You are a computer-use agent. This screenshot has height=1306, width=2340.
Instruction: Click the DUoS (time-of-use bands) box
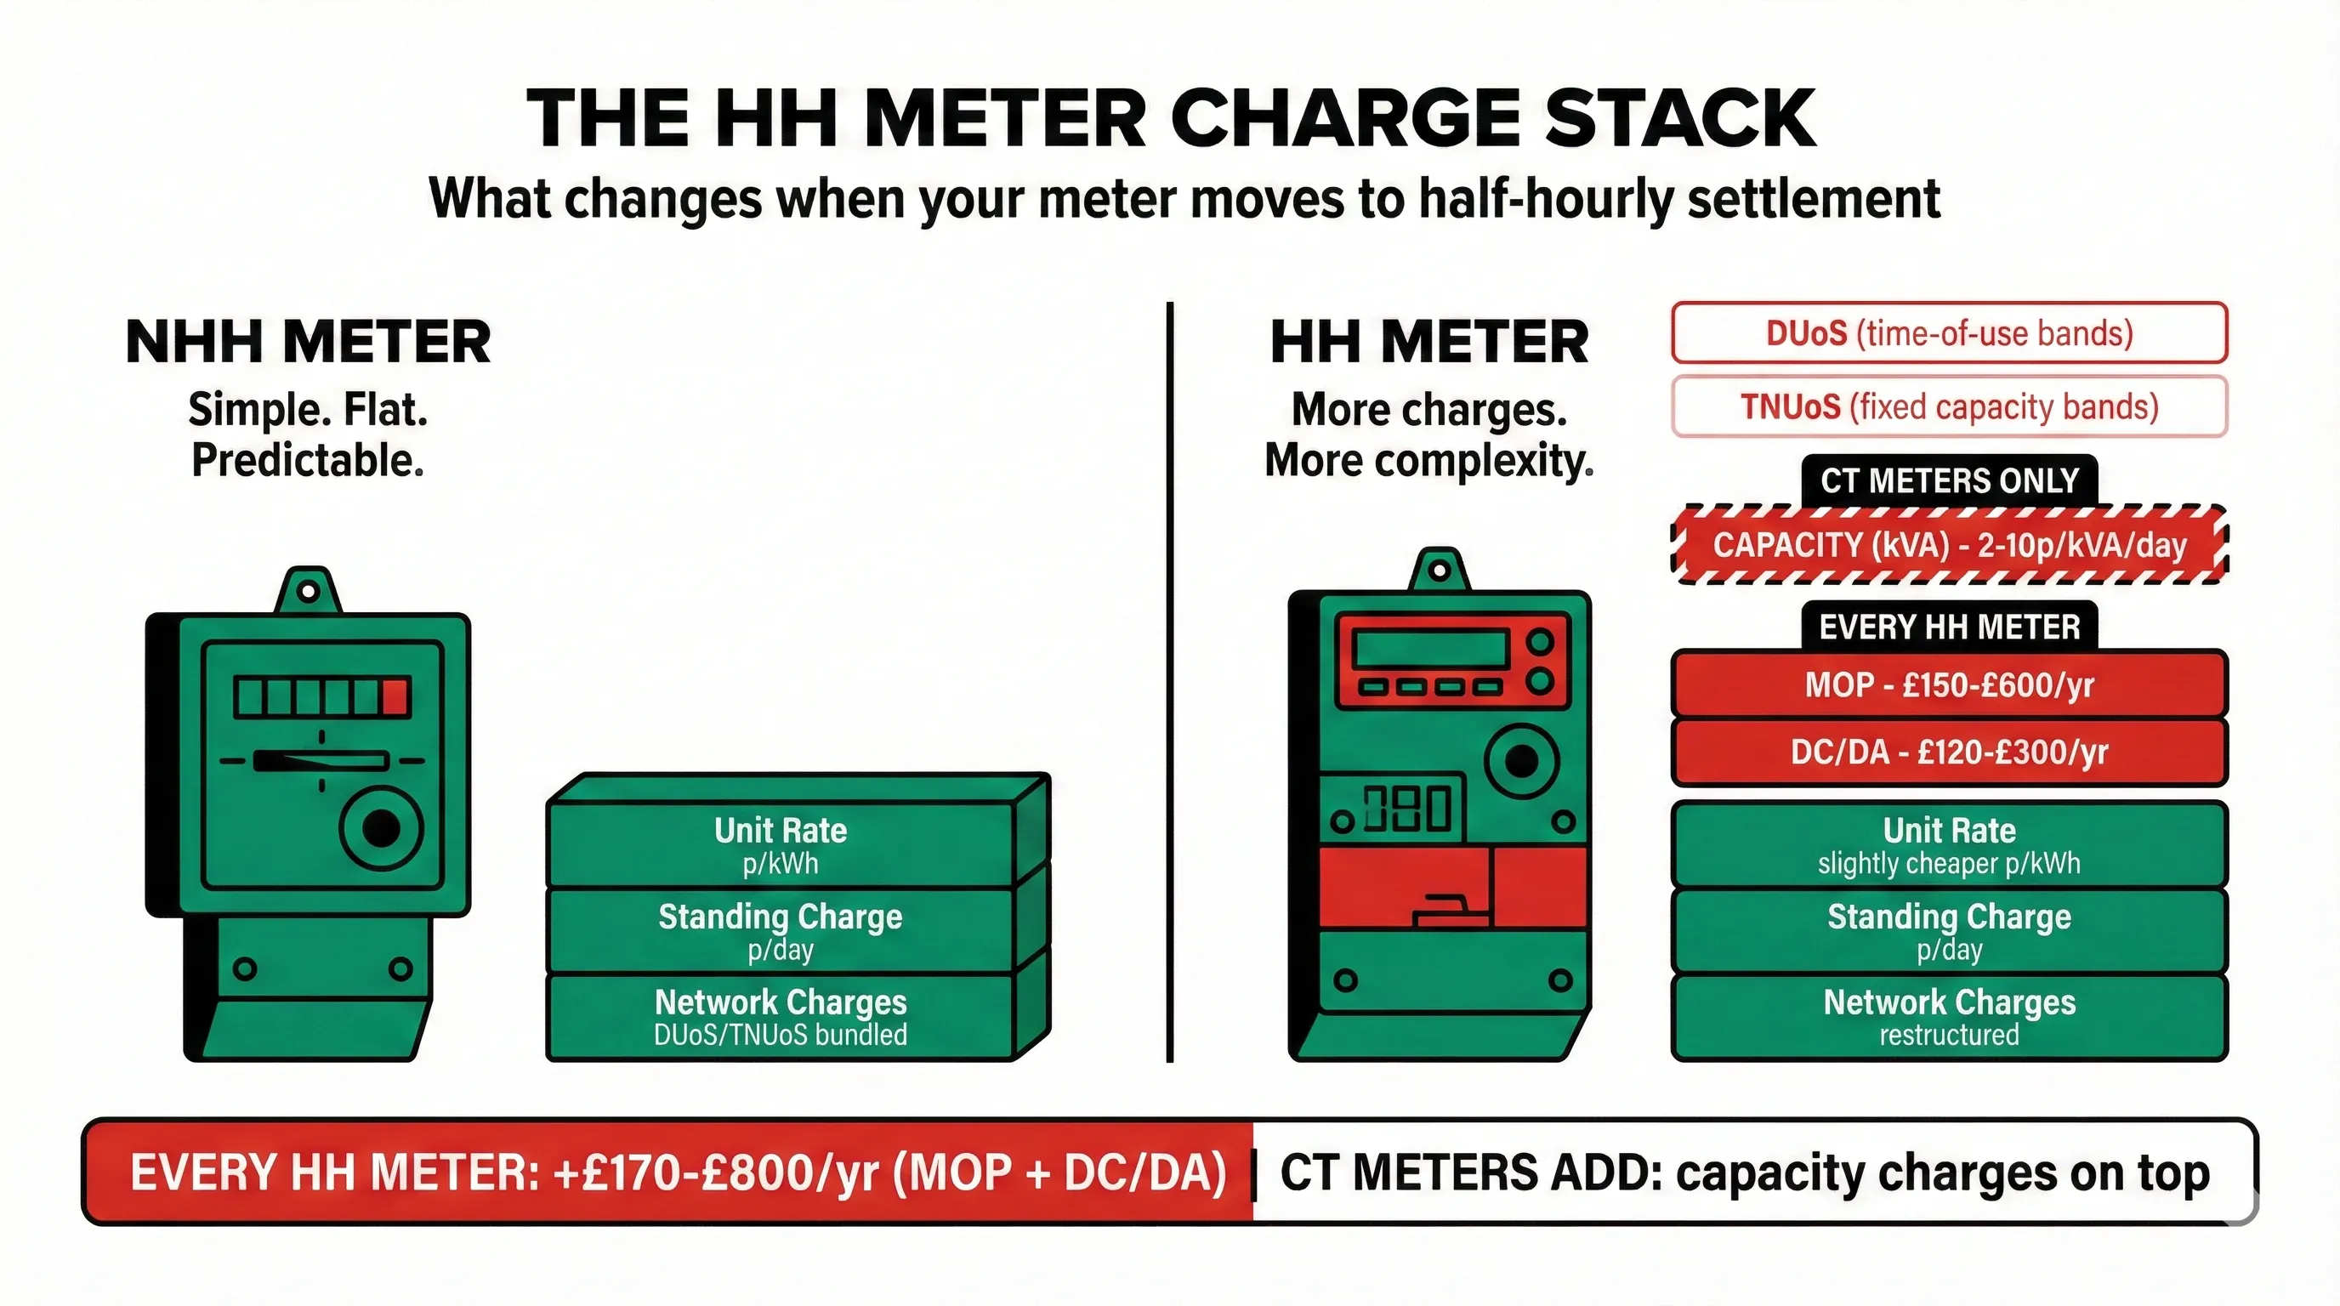coord(1949,333)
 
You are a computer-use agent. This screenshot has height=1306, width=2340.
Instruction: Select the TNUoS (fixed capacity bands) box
coord(1949,407)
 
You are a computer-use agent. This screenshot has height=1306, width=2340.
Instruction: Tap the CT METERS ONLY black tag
coord(1949,480)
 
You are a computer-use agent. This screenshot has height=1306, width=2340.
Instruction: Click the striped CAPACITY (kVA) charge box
coord(1949,545)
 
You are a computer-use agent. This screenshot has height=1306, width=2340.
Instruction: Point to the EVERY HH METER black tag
coord(1949,627)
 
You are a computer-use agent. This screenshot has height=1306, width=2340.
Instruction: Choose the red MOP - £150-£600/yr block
coord(1949,684)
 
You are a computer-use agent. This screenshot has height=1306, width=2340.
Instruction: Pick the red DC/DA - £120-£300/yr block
coord(1949,752)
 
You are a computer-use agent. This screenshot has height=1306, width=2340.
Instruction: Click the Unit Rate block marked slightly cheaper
coord(1949,844)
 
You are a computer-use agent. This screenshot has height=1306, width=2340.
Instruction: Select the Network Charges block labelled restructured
coord(1949,1017)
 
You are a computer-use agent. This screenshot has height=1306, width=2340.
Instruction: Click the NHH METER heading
coord(308,343)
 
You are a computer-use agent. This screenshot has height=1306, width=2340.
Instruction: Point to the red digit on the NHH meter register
coord(395,697)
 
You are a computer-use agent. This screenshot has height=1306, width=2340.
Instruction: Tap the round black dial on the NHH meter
coord(381,827)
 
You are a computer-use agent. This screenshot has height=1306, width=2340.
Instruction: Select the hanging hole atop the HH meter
coord(1439,571)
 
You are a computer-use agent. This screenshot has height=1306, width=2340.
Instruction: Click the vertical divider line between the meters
coord(1170,681)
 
